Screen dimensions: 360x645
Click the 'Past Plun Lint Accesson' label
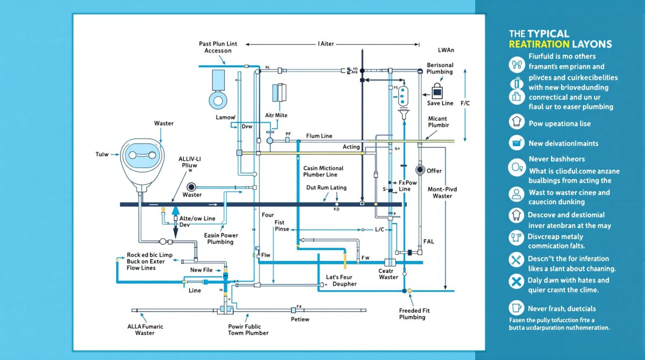click(218, 46)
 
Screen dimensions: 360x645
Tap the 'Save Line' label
click(440, 103)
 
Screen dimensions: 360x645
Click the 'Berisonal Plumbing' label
click(440, 69)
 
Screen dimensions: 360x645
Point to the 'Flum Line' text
click(319, 136)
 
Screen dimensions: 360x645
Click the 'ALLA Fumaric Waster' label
click(145, 329)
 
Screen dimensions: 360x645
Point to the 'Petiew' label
click(300, 319)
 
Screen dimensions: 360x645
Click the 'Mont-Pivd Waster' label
click(442, 192)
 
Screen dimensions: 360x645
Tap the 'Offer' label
click(434, 171)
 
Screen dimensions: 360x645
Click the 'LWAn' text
click(446, 50)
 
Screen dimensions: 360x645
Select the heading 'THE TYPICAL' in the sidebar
click(539, 34)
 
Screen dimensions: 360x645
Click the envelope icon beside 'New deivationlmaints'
click(517, 143)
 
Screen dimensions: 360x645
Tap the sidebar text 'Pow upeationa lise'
click(560, 124)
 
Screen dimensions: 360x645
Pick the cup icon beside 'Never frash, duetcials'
click(517, 308)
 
